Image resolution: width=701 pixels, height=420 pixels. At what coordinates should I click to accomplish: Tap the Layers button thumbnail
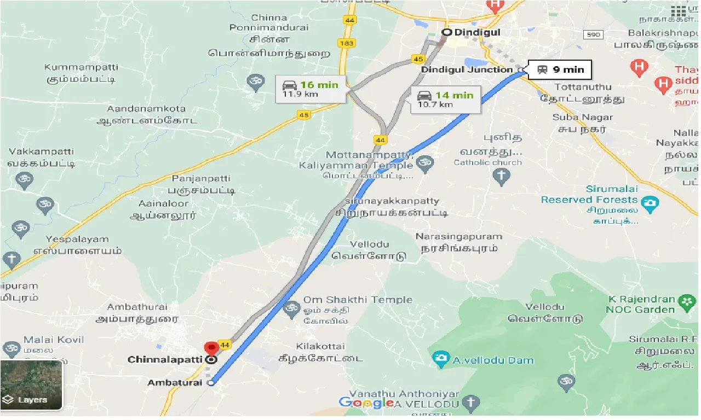[31, 385]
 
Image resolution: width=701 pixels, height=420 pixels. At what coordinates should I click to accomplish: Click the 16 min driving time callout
[312, 88]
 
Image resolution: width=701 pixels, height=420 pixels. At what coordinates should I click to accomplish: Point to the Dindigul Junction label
[467, 69]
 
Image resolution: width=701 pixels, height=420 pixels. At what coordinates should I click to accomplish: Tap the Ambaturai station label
[176, 383]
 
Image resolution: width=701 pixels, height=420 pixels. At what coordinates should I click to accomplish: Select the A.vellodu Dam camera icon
[440, 359]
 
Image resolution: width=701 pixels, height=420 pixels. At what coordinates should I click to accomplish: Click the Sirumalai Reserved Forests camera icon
[650, 205]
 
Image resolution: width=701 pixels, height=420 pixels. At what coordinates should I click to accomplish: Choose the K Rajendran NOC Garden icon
[687, 301]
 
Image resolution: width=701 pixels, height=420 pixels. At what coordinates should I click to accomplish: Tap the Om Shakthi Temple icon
[291, 310]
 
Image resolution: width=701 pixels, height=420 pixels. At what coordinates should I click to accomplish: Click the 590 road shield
[593, 34]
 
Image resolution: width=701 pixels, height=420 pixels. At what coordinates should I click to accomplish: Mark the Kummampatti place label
[81, 67]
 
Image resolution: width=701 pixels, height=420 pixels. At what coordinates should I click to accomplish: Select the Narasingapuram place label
[458, 237]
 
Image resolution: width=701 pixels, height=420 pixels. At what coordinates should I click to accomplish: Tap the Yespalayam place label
[77, 239]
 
